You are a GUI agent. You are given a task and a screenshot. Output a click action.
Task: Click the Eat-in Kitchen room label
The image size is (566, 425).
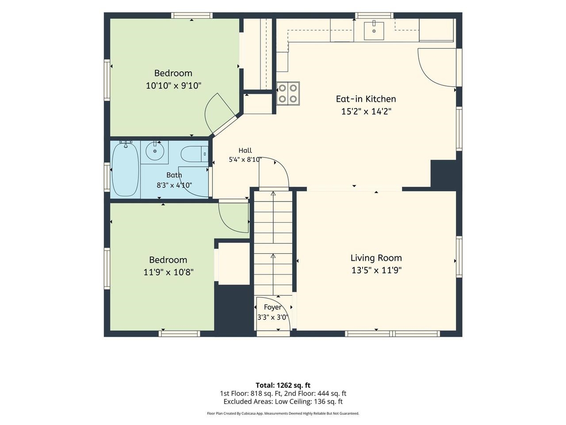(x=366, y=99)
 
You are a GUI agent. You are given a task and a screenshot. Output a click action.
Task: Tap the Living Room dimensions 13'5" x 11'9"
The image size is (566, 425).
(x=376, y=270)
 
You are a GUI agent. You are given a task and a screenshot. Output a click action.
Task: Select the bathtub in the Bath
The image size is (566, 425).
(x=125, y=170)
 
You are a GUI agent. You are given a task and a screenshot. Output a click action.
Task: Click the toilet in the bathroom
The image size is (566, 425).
(x=195, y=154)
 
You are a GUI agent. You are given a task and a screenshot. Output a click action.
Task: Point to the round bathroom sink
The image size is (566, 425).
(x=155, y=151)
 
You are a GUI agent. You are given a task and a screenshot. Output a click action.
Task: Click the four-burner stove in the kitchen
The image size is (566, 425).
(x=288, y=93)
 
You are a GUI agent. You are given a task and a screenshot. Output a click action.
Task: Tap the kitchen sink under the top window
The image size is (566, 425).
(x=374, y=31)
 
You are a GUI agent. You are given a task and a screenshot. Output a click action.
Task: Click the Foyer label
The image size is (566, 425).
(x=272, y=307)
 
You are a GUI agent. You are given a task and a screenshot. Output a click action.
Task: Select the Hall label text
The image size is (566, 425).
(x=245, y=151)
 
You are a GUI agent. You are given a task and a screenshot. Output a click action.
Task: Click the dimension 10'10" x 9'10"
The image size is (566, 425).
(x=173, y=85)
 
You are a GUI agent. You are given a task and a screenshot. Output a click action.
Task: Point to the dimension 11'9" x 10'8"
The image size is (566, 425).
(x=168, y=272)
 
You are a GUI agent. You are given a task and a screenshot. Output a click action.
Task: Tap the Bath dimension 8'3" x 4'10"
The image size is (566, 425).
(x=174, y=185)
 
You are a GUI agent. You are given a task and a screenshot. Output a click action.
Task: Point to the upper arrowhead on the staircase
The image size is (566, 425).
(x=273, y=193)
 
